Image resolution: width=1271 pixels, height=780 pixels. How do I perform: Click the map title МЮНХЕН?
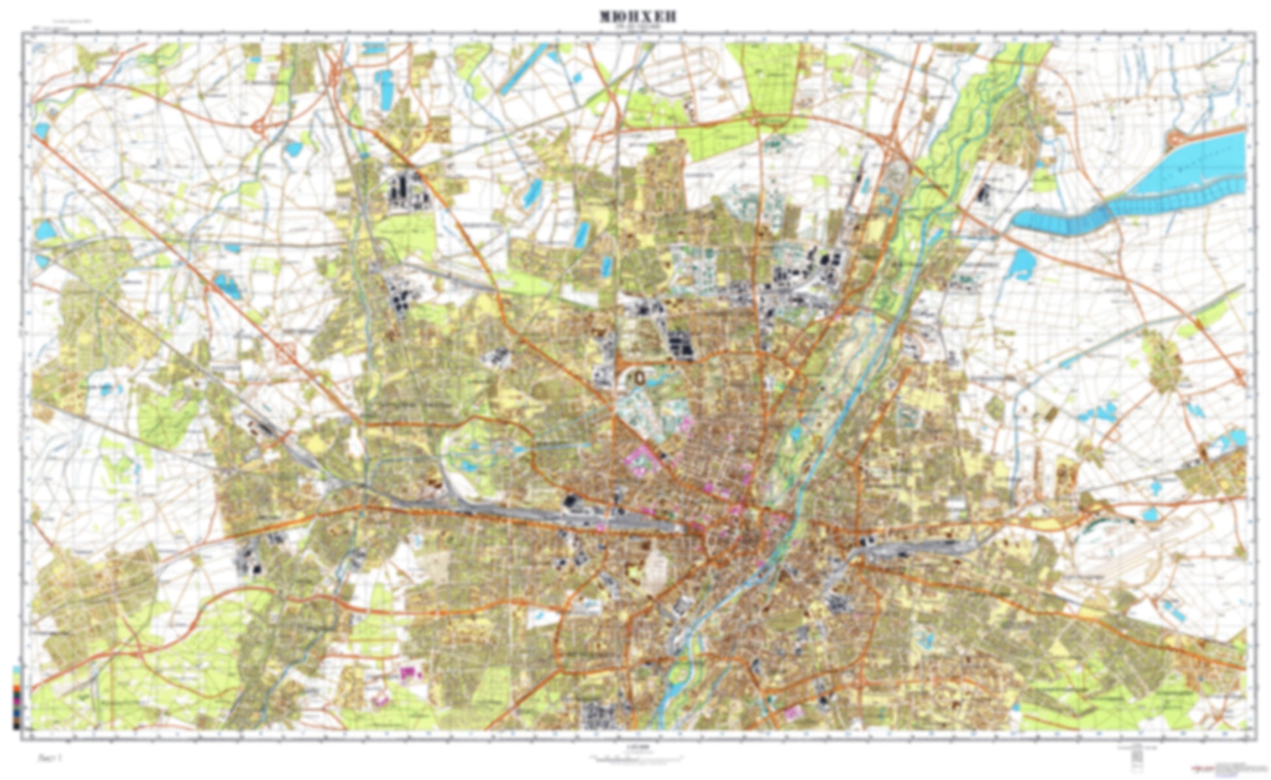637,16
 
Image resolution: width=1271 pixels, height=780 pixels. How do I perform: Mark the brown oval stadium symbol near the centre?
639,377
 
